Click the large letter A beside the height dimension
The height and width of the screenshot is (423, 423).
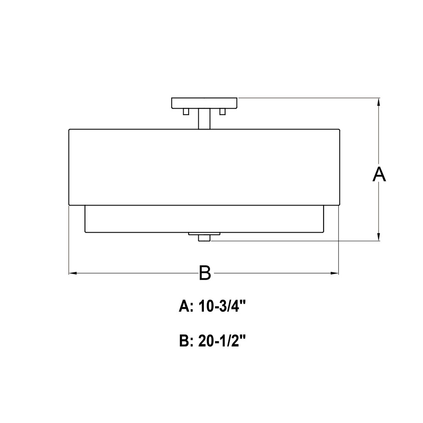coord(379,174)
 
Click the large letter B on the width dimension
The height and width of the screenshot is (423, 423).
coord(205,273)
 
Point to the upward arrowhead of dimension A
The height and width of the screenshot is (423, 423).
coord(379,102)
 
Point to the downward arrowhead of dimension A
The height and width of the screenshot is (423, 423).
coord(379,237)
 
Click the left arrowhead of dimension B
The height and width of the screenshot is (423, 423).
coord(73,273)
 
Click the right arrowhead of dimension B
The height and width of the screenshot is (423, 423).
coord(335,273)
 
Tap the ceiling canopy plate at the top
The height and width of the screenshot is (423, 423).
coord(204,103)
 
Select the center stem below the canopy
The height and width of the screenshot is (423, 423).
coord(204,119)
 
